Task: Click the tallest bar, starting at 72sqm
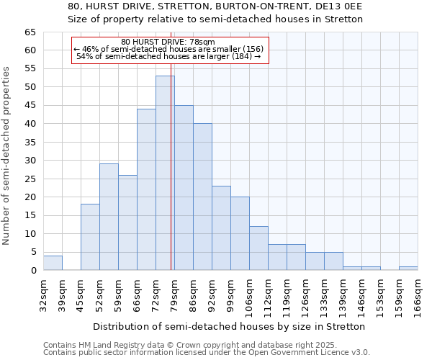pyautogui.click(x=165, y=173)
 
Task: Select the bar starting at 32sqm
pyautogui.click(x=53, y=263)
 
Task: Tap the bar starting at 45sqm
pyautogui.click(x=90, y=237)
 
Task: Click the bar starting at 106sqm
pyautogui.click(x=258, y=248)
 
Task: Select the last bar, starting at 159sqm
pyautogui.click(x=408, y=269)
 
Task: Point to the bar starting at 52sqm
pyautogui.click(x=109, y=217)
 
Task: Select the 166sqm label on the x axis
pyautogui.click(x=418, y=294)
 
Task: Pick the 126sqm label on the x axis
pyautogui.click(x=305, y=294)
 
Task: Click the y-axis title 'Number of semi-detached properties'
pyautogui.click(x=6, y=156)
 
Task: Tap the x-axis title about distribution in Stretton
pyautogui.click(x=229, y=326)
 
